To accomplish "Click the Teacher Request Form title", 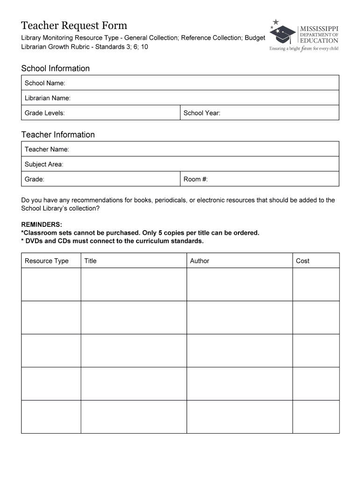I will coord(74,25).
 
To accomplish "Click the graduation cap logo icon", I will coord(284,34).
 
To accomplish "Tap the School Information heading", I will coord(55,68).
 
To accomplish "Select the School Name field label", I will coord(45,83).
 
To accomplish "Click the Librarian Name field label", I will coord(48,98).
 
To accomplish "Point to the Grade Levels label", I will coord(45,113).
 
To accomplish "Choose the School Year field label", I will coord(202,113).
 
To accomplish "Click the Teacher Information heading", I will coord(58,135).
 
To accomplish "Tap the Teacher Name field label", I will coord(47,150).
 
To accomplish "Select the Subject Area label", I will coord(44,165).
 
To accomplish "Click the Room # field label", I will coord(195,180).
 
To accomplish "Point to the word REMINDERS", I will coord(42,225).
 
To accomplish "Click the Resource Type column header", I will coord(47,261).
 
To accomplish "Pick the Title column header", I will coord(90,261).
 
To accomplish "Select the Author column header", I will coord(200,261).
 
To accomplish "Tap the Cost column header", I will coord(302,261).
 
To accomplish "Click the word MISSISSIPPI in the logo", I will coord(319,29).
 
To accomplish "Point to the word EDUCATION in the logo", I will coord(319,41).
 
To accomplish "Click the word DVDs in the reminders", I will coord(34,241).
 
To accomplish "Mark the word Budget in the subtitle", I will coord(254,38).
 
